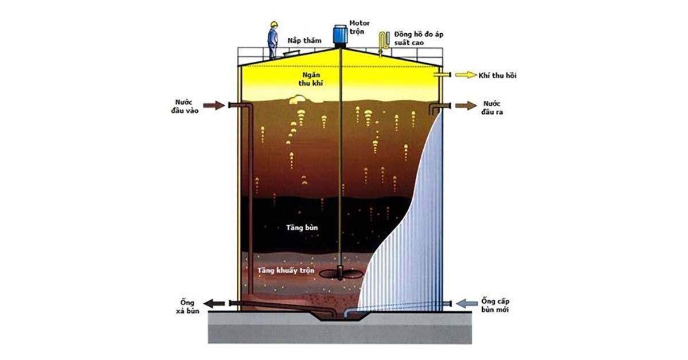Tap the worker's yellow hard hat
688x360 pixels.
(273, 24)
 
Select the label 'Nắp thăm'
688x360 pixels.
(304, 41)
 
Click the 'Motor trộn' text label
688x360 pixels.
(359, 28)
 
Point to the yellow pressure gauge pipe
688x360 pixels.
(383, 44)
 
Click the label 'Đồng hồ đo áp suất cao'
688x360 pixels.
(419, 38)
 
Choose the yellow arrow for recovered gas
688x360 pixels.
(466, 75)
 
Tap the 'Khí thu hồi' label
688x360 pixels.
(497, 75)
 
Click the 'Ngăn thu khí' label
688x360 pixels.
(311, 79)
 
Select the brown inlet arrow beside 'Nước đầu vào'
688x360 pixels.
(214, 105)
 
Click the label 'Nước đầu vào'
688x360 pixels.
(185, 106)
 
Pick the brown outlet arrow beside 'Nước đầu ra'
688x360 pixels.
(466, 105)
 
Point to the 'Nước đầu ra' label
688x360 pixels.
(492, 108)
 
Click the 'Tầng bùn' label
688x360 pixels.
(302, 228)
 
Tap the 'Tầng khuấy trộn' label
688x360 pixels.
(286, 271)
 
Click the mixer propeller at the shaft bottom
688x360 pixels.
(341, 273)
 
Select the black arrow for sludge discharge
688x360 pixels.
(214, 303)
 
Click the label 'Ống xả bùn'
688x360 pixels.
(187, 307)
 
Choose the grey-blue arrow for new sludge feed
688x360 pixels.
(467, 303)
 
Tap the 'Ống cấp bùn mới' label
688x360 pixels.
(495, 306)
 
